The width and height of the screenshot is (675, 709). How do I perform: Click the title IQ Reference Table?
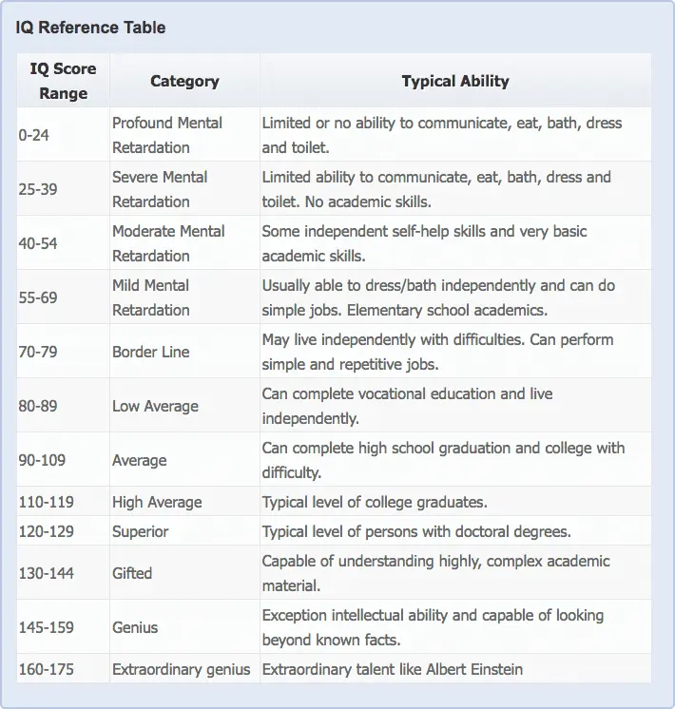pyautogui.click(x=90, y=28)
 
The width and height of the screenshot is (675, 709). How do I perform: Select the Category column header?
pyautogui.click(x=184, y=82)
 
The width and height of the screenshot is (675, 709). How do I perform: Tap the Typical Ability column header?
pyautogui.click(x=455, y=82)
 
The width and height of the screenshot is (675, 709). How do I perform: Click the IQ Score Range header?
pyautogui.click(x=64, y=81)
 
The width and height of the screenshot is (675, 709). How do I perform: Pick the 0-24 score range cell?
pyautogui.click(x=34, y=135)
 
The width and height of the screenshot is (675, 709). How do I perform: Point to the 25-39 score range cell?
pyautogui.click(x=38, y=189)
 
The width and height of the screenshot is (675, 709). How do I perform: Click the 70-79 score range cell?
pyautogui.click(x=38, y=352)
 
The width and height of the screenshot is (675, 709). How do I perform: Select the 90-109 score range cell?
pyautogui.click(x=42, y=460)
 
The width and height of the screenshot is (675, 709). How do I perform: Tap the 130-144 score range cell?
pyautogui.click(x=46, y=573)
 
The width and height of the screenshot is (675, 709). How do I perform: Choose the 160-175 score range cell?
pyautogui.click(x=46, y=669)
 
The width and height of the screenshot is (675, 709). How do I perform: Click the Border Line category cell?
pyautogui.click(x=150, y=352)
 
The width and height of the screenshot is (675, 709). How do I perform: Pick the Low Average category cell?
pyautogui.click(x=155, y=406)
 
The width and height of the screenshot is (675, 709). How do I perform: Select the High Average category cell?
pyautogui.click(x=157, y=502)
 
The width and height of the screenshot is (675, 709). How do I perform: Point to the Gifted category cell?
pyautogui.click(x=132, y=573)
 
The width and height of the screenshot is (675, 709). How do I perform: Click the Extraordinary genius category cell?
pyautogui.click(x=181, y=669)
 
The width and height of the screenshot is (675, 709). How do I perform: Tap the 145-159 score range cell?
pyautogui.click(x=46, y=627)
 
